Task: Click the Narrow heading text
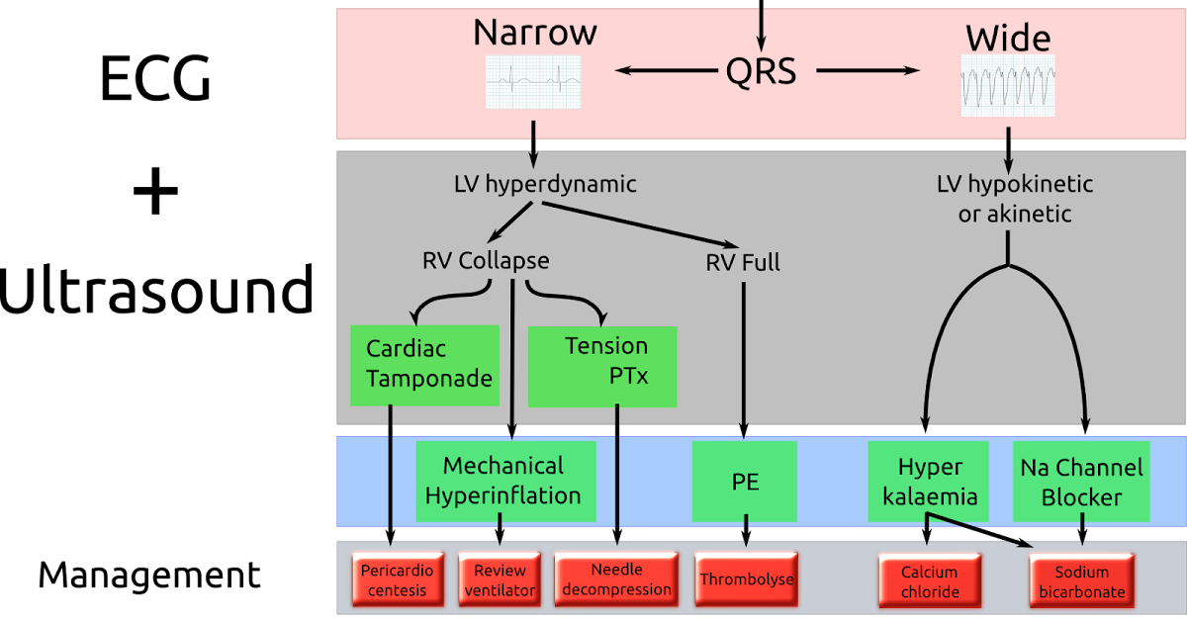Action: [x=534, y=33]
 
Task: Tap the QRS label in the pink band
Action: [x=760, y=70]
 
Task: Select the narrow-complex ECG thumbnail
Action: [x=533, y=82]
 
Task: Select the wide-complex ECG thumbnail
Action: [x=1008, y=86]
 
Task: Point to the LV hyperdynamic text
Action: [x=545, y=184]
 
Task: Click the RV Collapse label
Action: [x=485, y=261]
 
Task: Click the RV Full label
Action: [x=742, y=262]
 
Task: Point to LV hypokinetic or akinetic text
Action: [x=1014, y=199]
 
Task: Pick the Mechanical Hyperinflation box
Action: [x=504, y=481]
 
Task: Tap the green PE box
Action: [x=744, y=482]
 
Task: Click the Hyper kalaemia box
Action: [x=929, y=482]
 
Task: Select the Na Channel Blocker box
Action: [x=1080, y=482]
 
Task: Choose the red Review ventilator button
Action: [x=500, y=580]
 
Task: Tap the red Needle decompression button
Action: [x=615, y=579]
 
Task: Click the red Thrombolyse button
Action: [x=747, y=579]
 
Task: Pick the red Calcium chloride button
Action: [x=929, y=581]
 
